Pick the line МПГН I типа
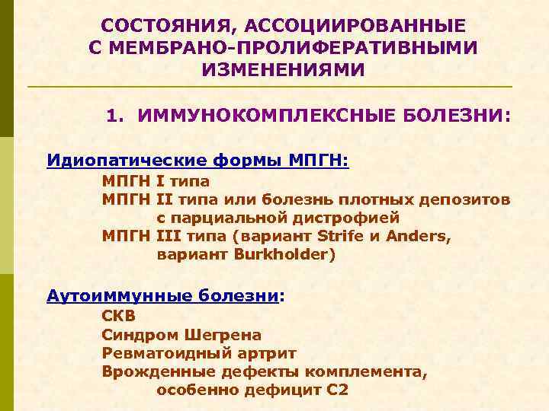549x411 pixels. coord(156,181)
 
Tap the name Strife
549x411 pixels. coord(342,236)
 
